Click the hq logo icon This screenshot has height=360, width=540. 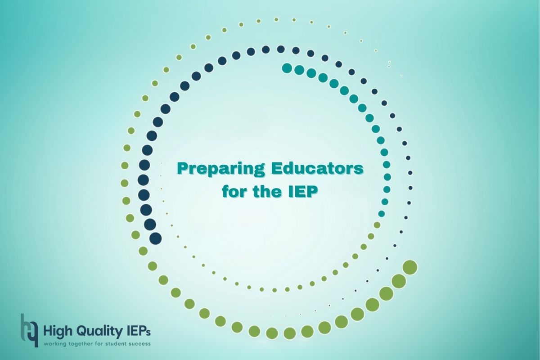tap(29, 330)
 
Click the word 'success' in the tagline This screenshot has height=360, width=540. tap(139, 344)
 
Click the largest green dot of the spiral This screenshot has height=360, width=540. tap(410, 267)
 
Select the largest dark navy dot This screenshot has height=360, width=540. tap(156, 238)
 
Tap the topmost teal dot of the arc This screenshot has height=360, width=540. tap(287, 68)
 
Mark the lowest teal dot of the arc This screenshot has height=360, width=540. tap(382, 214)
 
